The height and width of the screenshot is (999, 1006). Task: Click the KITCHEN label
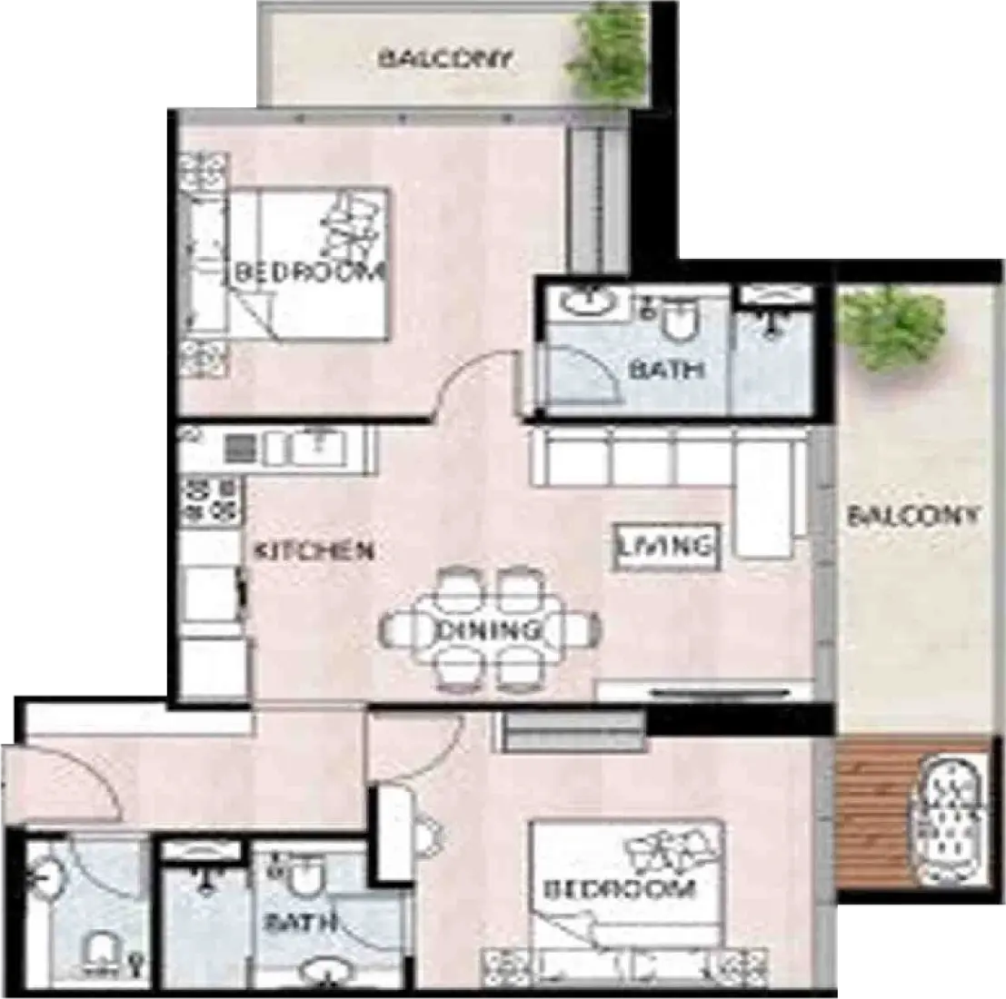point(314,550)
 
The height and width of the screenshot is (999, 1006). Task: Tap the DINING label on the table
point(488,630)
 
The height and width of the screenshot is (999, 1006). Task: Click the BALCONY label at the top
point(445,59)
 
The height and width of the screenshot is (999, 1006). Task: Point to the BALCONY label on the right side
point(914,516)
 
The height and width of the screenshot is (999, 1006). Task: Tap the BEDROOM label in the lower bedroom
point(619,889)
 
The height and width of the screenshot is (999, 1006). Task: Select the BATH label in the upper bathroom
point(667,370)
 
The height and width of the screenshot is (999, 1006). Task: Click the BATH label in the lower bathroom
point(301,923)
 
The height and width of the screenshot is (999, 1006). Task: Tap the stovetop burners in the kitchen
point(210,500)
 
